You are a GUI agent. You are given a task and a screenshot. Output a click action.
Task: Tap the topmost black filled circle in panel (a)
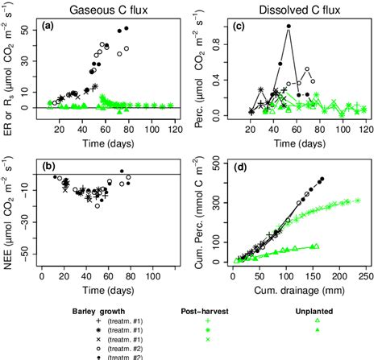(x=126, y=28)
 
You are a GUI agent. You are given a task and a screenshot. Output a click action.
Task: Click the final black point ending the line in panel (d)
(x=322, y=179)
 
